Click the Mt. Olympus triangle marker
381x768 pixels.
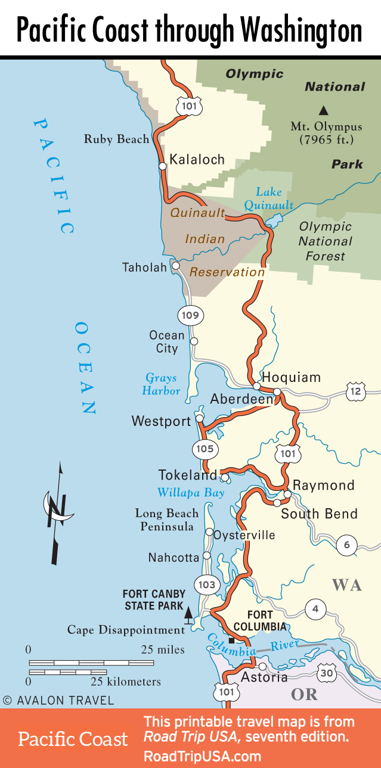point(323,110)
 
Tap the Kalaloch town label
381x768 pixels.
point(197,159)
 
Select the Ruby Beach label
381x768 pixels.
point(116,139)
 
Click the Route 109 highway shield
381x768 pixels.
point(190,315)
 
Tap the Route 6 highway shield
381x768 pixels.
point(347,544)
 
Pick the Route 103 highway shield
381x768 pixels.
point(206,584)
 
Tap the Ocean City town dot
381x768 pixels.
point(194,341)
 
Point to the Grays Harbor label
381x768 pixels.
point(161,384)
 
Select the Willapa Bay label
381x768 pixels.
point(191,493)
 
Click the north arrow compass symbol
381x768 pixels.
point(58,512)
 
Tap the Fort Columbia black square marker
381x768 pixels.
point(231,640)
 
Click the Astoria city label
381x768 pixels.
point(264,677)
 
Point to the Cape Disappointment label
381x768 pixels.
point(126,630)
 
